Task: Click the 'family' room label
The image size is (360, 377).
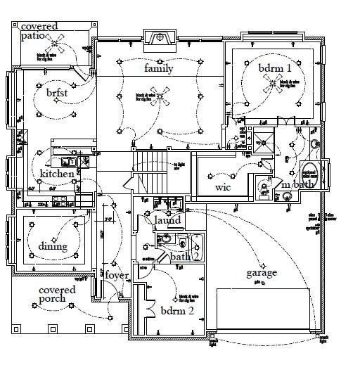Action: [159, 68]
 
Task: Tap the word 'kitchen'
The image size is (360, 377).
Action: [57, 174]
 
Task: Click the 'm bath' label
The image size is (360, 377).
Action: [295, 184]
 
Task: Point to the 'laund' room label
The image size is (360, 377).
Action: [167, 220]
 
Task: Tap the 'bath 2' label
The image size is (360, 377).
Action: [185, 257]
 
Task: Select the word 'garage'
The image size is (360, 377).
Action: [261, 273]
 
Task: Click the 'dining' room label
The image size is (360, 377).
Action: [53, 246]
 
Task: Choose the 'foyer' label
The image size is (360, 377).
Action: [117, 275]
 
